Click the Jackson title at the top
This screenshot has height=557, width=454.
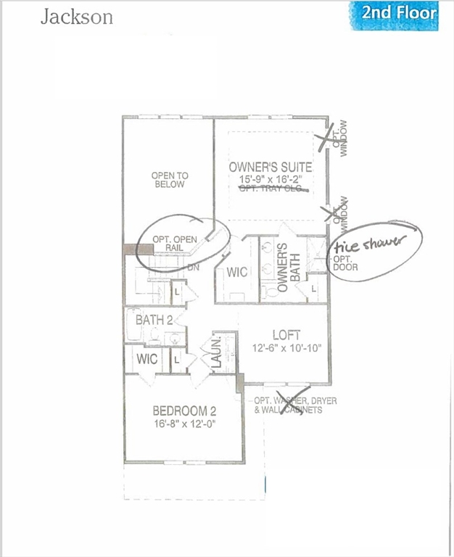77,17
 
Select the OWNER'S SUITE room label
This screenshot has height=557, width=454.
271,167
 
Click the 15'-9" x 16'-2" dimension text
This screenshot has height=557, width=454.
271,178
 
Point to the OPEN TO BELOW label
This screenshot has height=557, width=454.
169,180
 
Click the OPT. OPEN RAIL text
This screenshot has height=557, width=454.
174,243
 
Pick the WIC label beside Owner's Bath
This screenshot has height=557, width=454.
237,273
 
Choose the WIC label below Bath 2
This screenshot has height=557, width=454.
147,359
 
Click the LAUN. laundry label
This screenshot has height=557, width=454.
215,353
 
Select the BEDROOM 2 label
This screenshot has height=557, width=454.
185,411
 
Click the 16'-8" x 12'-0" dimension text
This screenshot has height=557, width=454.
185,424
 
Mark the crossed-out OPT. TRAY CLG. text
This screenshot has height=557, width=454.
273,189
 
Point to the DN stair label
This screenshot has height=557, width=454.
194,267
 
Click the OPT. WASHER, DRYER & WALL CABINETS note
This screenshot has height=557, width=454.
290,405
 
